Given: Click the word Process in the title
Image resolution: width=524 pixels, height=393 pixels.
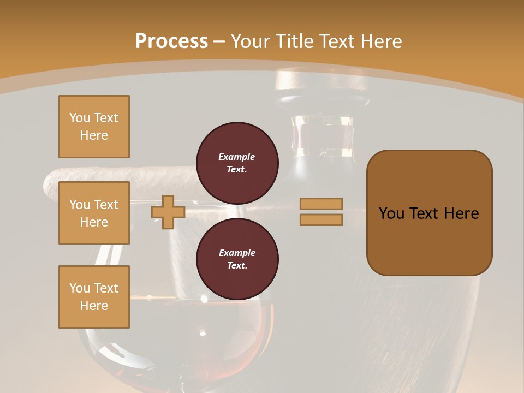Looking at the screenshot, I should point(171,41).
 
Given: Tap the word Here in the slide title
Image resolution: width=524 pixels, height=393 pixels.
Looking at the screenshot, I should point(381,41).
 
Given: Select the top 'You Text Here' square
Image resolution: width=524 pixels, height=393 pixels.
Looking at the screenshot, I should point(94,127).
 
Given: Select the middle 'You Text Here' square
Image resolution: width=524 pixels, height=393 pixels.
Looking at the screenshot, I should point(94,213).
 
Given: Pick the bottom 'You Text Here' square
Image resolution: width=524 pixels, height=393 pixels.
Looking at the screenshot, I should point(94,297).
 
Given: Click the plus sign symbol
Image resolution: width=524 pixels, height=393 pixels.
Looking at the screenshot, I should point(168,212).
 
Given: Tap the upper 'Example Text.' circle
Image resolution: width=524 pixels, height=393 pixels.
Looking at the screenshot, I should point(237,163).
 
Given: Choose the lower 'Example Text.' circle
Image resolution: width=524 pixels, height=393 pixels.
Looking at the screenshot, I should point(237,259).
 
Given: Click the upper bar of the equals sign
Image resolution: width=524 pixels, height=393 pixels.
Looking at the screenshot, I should point(321,204).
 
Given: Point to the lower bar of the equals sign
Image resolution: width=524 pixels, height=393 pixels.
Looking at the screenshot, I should point(321,219).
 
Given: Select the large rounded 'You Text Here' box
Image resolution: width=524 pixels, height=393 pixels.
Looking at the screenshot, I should point(429,213).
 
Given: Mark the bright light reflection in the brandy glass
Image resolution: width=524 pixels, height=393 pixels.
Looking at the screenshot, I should point(203,331).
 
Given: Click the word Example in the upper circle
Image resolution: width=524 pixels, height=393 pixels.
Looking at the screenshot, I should point(237,157).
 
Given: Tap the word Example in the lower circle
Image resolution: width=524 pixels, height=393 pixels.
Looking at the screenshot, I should point(237,253).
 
